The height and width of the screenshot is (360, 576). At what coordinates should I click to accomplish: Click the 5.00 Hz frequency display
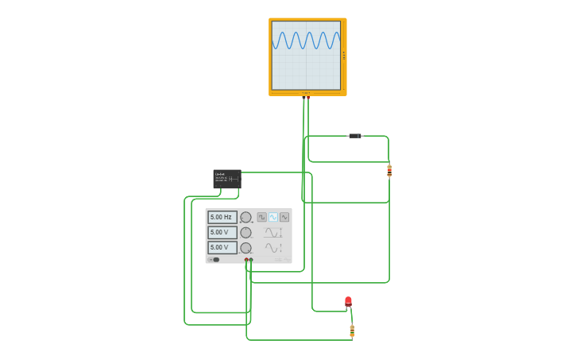[x=222, y=217]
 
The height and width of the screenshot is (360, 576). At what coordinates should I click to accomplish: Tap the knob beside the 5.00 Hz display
[x=245, y=217]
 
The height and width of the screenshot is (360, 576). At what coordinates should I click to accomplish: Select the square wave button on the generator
[x=261, y=217]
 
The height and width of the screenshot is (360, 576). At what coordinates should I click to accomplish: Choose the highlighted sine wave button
[x=273, y=217]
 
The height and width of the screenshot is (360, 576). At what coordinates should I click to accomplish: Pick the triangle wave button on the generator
[x=284, y=217]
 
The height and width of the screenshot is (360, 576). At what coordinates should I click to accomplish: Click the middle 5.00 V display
[x=222, y=232]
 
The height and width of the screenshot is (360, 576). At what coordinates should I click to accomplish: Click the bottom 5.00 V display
[x=222, y=247]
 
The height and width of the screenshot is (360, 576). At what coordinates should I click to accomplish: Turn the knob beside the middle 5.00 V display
[x=245, y=233]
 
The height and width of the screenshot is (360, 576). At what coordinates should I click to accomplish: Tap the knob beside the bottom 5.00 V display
[x=245, y=248]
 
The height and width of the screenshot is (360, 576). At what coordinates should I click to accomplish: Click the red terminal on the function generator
[x=251, y=260]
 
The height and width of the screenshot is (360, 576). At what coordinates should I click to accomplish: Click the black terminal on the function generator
[x=246, y=260]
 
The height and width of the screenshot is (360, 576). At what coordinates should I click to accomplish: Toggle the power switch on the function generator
[x=215, y=259]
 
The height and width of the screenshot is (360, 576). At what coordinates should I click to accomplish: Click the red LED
[x=348, y=301]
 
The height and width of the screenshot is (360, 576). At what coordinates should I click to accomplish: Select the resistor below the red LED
[x=352, y=330]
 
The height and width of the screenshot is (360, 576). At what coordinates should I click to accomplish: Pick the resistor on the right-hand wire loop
[x=389, y=170]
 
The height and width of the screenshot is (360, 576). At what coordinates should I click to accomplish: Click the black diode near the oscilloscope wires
[x=355, y=136]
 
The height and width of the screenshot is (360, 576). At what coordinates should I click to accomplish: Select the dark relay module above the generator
[x=226, y=178]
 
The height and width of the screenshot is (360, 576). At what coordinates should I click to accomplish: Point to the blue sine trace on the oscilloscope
[x=306, y=41]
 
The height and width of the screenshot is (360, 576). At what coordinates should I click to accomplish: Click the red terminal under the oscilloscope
[x=308, y=97]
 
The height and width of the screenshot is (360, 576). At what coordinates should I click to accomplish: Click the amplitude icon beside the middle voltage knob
[x=273, y=233]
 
